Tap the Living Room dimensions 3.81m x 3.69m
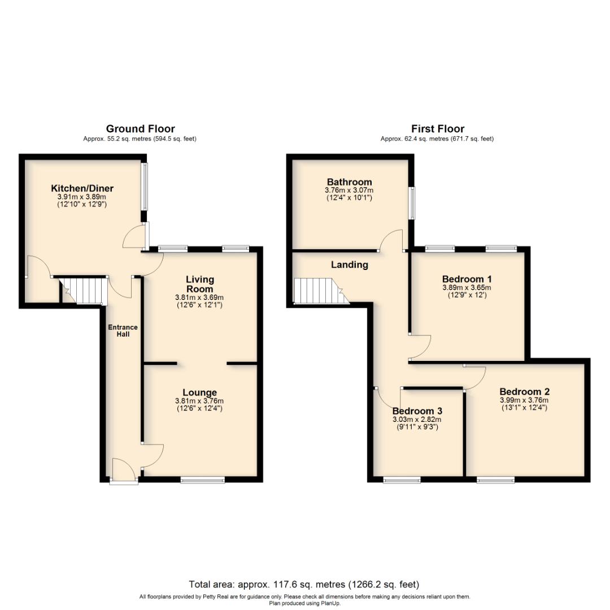(200, 298)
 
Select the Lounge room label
(199, 393)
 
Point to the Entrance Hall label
(123, 330)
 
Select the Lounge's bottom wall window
(203, 480)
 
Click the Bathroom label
(349, 182)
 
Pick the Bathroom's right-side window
(412, 203)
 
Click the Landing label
(349, 264)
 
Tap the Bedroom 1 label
(467, 279)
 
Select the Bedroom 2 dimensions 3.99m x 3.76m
(524, 400)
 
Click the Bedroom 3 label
(417, 411)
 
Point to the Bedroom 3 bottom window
(402, 480)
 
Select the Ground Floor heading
(140, 129)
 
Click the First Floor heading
(437, 129)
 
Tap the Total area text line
(304, 585)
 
